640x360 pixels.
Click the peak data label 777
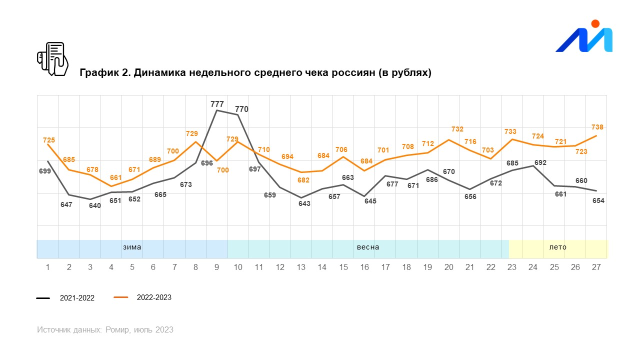point(217,104)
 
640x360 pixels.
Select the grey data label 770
point(241,109)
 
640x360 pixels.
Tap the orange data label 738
point(596,127)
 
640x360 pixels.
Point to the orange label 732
point(457,129)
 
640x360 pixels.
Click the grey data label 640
point(95,205)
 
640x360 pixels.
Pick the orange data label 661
point(115,177)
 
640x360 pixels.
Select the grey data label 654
point(598,200)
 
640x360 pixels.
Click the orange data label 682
point(303,180)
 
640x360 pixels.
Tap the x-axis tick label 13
point(301,267)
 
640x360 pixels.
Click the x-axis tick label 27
point(596,267)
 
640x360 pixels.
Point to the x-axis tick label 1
point(47,267)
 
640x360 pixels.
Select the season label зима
point(132,247)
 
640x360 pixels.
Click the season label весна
point(367,247)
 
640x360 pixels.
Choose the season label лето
point(557,247)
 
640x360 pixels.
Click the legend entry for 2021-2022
point(76,298)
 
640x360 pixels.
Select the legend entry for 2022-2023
point(153,297)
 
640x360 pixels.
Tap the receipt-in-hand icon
point(52,59)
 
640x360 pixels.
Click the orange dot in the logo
point(595,23)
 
